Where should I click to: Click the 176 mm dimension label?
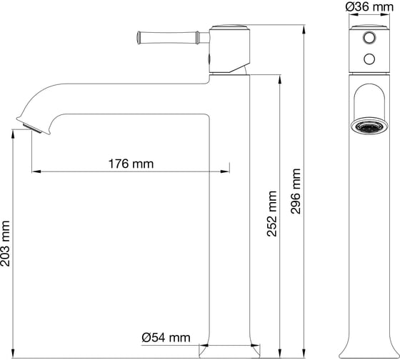pyautogui.click(x=131, y=164)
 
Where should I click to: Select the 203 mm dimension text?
pyautogui.click(x=5, y=244)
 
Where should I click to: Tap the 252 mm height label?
pyautogui.click(x=272, y=214)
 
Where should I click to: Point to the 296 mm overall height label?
pyautogui.click(x=296, y=191)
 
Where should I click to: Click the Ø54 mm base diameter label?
pyautogui.click(x=166, y=338)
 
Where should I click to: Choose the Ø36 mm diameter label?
pyautogui.click(x=370, y=7)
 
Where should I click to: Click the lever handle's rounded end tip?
pyautogui.click(x=139, y=38)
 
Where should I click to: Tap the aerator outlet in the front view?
pyautogui.click(x=369, y=126)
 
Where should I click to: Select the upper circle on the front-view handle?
pyautogui.click(x=369, y=38)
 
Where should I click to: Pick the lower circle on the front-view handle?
pyautogui.click(x=369, y=59)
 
